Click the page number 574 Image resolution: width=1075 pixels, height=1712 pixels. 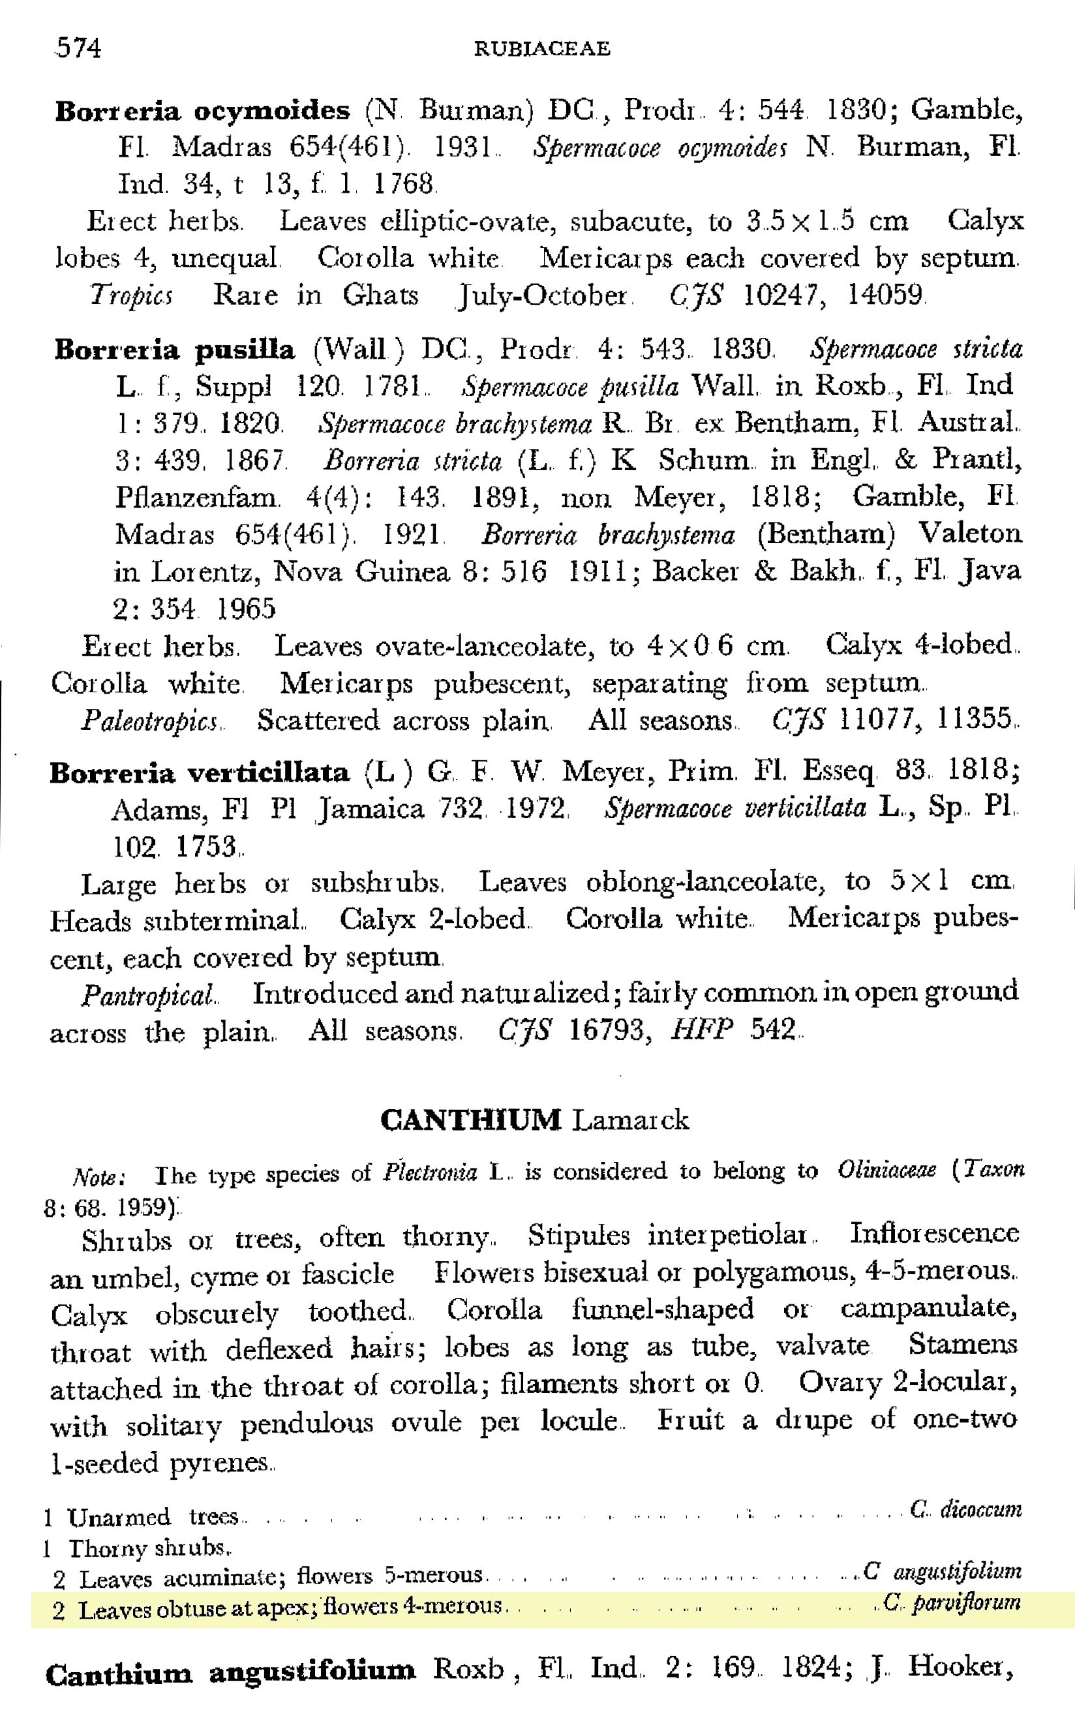point(78,48)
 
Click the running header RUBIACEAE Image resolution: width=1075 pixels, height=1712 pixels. point(542,48)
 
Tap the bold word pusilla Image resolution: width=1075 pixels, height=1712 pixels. point(245,350)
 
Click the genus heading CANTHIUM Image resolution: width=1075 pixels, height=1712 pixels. point(471,1120)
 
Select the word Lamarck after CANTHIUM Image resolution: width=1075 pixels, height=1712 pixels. point(631,1120)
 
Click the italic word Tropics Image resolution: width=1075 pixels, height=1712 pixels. point(131,296)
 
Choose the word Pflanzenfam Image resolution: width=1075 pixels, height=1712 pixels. point(196,497)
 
